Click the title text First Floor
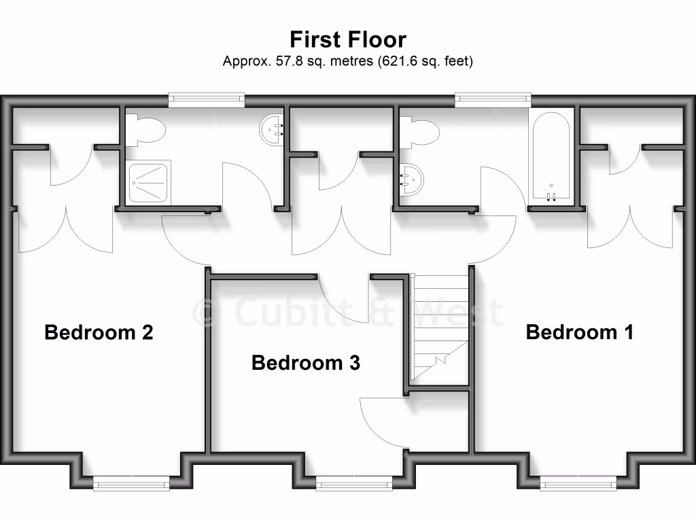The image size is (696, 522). point(347,38)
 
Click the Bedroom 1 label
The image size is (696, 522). point(580,332)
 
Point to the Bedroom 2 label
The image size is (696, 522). point(99,332)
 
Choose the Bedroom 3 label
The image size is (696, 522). point(305,363)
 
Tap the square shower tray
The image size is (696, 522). point(147,182)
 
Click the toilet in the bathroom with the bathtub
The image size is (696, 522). point(417,130)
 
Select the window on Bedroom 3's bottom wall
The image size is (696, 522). point(354,483)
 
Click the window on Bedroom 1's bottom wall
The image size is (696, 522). point(578,483)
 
